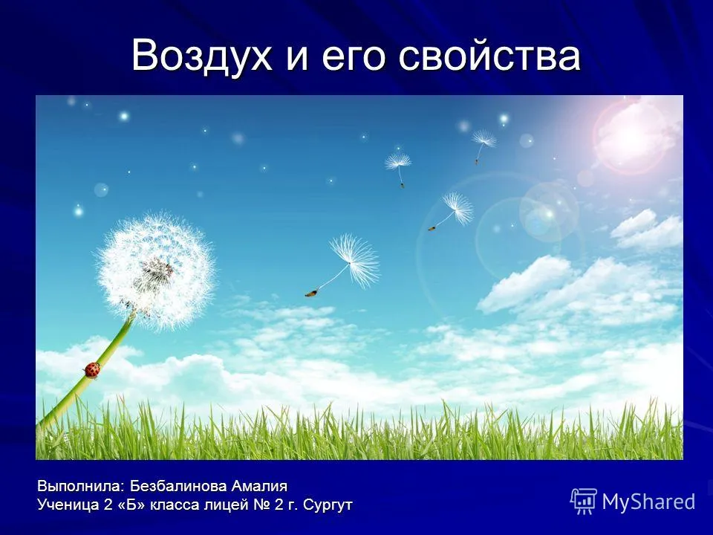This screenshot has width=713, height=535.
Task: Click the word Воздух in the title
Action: (x=202, y=56)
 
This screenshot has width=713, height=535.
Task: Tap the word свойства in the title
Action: (x=489, y=56)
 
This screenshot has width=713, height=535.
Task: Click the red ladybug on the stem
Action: (x=92, y=370)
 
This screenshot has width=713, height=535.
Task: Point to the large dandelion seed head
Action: (x=156, y=271)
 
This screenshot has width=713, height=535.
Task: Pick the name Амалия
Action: (x=259, y=486)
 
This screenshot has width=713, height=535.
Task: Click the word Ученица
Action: (x=68, y=505)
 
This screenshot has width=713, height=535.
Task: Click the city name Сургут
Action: (x=328, y=505)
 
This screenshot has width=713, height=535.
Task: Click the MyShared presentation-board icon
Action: (x=584, y=501)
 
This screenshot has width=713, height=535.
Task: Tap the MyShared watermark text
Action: (x=648, y=502)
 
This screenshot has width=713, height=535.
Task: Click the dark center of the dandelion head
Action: (x=157, y=272)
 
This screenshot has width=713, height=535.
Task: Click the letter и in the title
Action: (x=298, y=59)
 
